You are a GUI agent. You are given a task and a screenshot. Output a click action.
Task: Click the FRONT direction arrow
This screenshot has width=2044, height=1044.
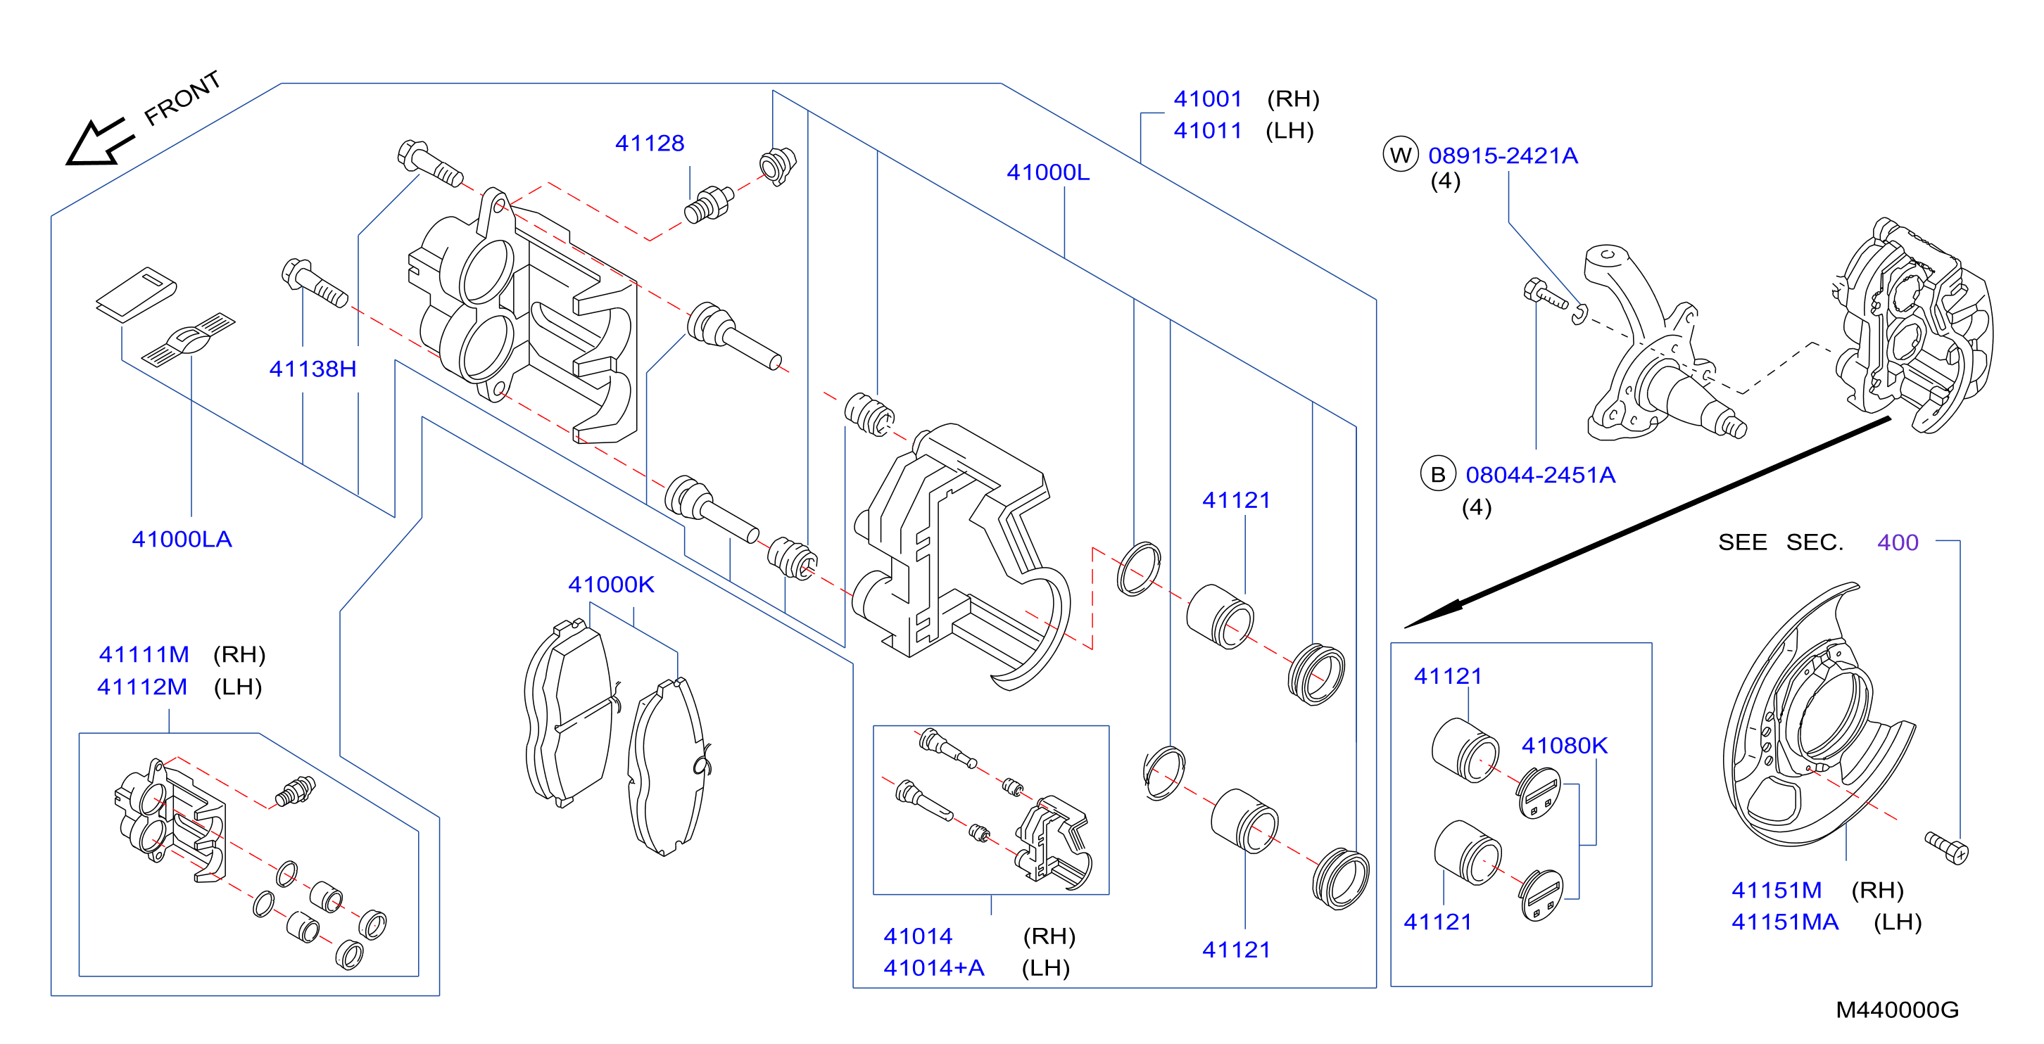pyautogui.click(x=99, y=143)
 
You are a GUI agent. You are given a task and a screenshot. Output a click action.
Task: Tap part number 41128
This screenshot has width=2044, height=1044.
pyautogui.click(x=649, y=144)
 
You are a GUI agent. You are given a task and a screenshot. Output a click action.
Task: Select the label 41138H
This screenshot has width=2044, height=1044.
pyautogui.click(x=313, y=369)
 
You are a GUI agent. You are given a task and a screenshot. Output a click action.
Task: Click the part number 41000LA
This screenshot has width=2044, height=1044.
pyautogui.click(x=182, y=540)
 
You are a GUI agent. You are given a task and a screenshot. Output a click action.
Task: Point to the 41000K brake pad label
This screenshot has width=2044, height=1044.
pyautogui.click(x=611, y=585)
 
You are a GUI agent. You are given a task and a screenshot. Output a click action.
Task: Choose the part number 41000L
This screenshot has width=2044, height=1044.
pyautogui.click(x=1047, y=172)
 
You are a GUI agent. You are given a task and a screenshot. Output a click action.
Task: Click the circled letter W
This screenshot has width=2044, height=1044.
pyautogui.click(x=1401, y=155)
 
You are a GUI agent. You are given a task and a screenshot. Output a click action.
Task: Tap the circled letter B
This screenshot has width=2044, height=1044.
pyautogui.click(x=1438, y=474)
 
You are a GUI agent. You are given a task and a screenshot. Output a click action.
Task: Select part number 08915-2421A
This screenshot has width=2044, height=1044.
pyautogui.click(x=1503, y=155)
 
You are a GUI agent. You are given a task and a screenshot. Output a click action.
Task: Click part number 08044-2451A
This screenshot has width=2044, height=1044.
pyautogui.click(x=1540, y=475)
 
